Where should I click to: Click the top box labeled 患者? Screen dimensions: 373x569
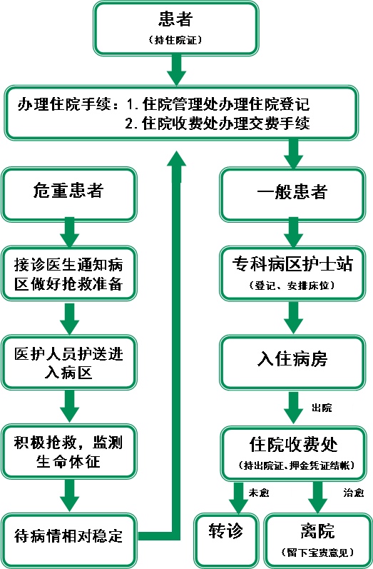point(177,29)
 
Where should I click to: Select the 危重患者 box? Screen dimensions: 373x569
point(69,194)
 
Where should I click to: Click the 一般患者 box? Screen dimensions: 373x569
point(292,194)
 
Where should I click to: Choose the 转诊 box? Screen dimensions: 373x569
point(226,540)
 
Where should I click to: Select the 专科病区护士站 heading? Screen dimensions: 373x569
point(292,265)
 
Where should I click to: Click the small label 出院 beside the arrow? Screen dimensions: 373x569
point(322,408)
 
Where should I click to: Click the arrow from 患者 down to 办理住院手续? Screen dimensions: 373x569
point(177,71)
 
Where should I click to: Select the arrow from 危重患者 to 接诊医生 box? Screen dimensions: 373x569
point(69,232)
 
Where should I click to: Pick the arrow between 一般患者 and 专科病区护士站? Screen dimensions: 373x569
point(293,232)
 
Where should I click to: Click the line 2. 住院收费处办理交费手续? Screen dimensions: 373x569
point(218,124)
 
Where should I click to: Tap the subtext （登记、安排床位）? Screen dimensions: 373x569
point(292,286)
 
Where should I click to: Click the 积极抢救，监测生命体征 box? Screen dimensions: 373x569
point(69,452)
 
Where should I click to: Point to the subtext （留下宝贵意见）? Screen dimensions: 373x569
point(317,553)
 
